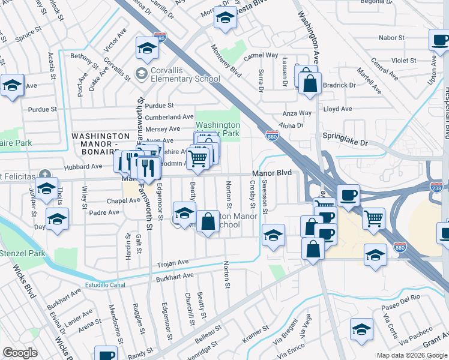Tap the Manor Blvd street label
(x=271, y=173)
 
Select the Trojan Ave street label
(x=173, y=262)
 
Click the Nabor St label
(x=391, y=38)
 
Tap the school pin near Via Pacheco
(x=362, y=330)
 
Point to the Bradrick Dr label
(x=339, y=85)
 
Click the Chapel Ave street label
(x=103, y=200)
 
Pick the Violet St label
(x=403, y=61)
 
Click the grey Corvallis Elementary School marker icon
(x=141, y=74)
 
